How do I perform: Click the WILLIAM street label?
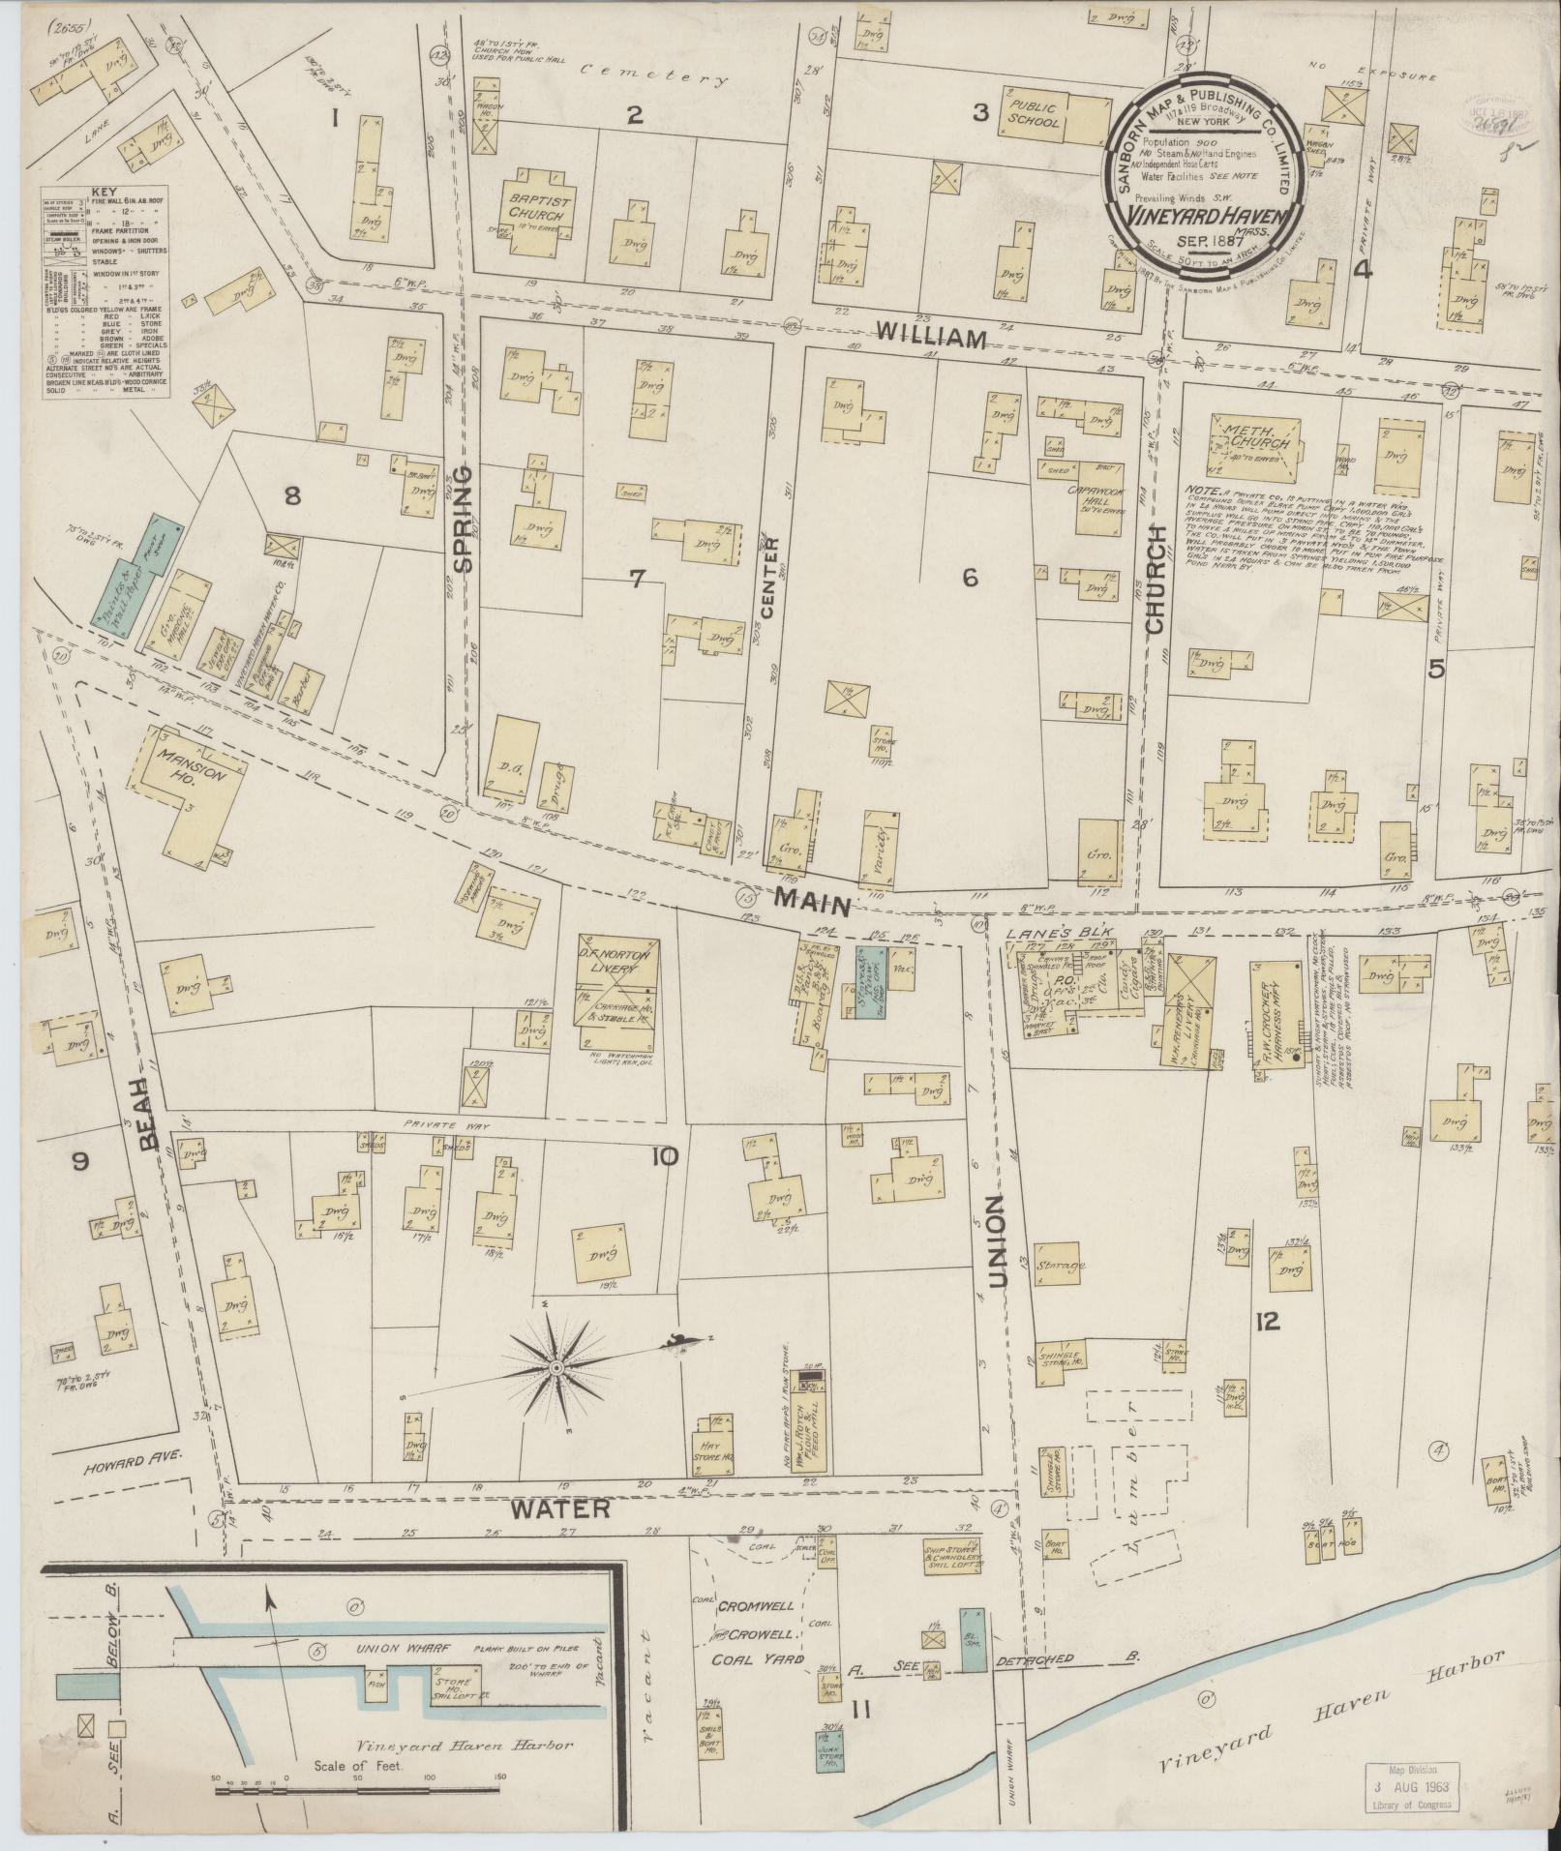[931, 338]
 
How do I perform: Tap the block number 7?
[636, 580]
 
